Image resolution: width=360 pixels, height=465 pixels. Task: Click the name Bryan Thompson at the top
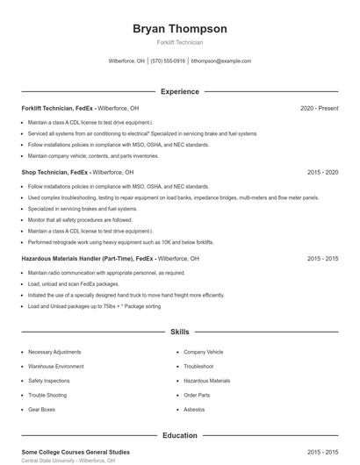(x=179, y=29)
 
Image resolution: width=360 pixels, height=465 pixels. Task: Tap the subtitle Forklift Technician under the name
(x=179, y=43)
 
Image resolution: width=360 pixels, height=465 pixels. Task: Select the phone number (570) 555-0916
(x=168, y=61)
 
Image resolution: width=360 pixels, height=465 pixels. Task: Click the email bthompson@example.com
(x=221, y=61)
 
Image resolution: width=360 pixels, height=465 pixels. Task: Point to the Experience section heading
(x=179, y=91)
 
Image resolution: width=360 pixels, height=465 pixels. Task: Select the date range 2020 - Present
(x=319, y=108)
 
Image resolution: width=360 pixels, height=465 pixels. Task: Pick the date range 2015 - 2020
(x=322, y=173)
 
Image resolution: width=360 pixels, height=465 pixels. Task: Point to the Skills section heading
(x=179, y=333)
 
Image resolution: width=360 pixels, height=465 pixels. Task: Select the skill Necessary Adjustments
(x=54, y=352)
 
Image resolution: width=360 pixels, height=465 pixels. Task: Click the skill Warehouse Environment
(x=56, y=366)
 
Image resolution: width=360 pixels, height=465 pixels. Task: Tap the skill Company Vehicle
(x=204, y=352)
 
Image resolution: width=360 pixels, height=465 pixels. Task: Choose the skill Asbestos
(x=196, y=410)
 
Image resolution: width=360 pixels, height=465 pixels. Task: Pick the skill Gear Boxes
(x=41, y=410)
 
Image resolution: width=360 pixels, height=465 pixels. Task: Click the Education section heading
(x=179, y=435)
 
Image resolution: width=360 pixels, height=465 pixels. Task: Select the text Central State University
(x=47, y=460)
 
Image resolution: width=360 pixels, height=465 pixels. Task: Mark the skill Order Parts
(x=198, y=395)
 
